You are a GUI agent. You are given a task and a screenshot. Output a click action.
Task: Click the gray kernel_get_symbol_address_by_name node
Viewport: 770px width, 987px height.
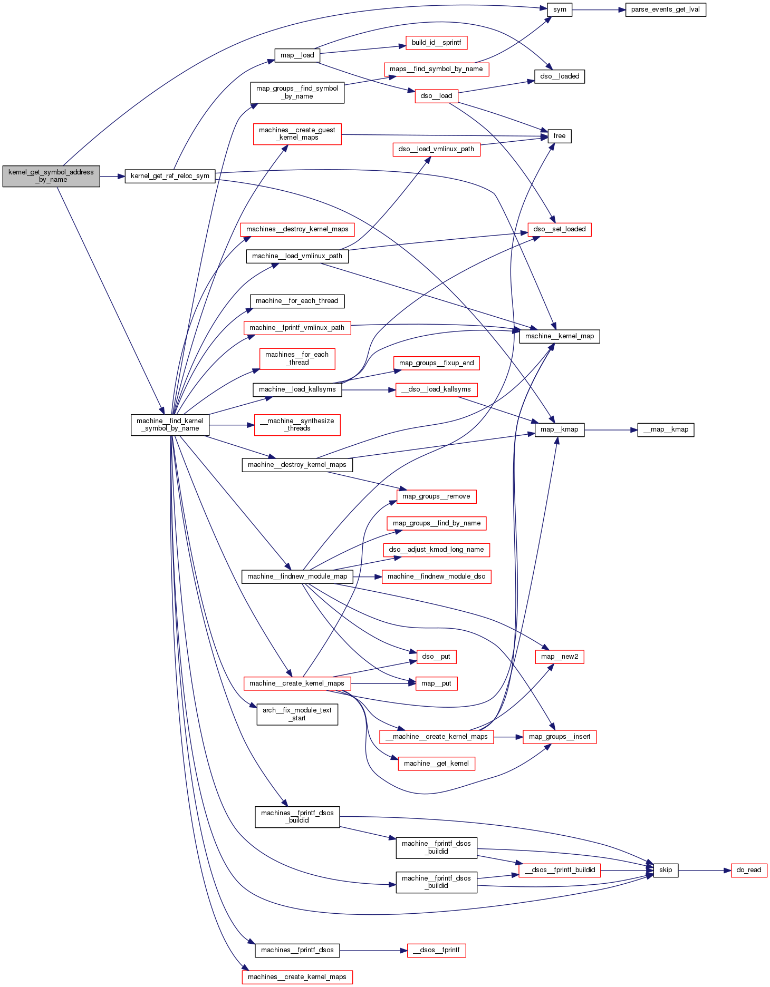pos(51,176)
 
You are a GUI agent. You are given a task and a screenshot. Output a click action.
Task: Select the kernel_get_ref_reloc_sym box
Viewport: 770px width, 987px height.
pos(170,176)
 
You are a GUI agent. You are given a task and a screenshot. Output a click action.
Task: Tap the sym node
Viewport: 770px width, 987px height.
pos(560,9)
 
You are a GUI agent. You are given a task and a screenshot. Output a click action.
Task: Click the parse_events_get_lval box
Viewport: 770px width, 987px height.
pos(665,9)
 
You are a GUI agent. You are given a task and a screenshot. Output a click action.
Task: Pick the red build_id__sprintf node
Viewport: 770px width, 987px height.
pos(436,43)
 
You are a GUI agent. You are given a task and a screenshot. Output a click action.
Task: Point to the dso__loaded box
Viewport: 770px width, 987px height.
pos(560,76)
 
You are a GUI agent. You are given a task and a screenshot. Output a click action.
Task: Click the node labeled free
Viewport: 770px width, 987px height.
pos(560,136)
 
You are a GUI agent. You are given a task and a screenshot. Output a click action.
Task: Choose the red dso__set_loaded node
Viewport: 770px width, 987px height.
pos(560,229)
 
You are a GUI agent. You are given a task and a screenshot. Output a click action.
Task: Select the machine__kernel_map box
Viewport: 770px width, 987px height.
pos(560,336)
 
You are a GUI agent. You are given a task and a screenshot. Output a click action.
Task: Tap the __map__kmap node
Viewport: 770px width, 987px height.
pos(666,429)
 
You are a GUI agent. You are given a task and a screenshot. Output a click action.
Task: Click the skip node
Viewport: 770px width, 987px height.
pos(666,870)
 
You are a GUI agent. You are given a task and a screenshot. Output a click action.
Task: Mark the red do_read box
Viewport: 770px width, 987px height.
pos(748,870)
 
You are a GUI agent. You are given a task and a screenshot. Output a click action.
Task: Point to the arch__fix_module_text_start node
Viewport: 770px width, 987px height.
pos(297,714)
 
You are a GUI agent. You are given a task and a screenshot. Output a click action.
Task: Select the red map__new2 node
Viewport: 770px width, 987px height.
pos(560,657)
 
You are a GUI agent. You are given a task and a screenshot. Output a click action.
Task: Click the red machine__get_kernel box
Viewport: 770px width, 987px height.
pos(436,764)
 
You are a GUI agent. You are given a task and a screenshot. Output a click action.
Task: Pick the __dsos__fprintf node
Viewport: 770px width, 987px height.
pos(436,950)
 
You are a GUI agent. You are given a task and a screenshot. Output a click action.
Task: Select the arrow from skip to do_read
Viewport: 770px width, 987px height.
pos(705,870)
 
